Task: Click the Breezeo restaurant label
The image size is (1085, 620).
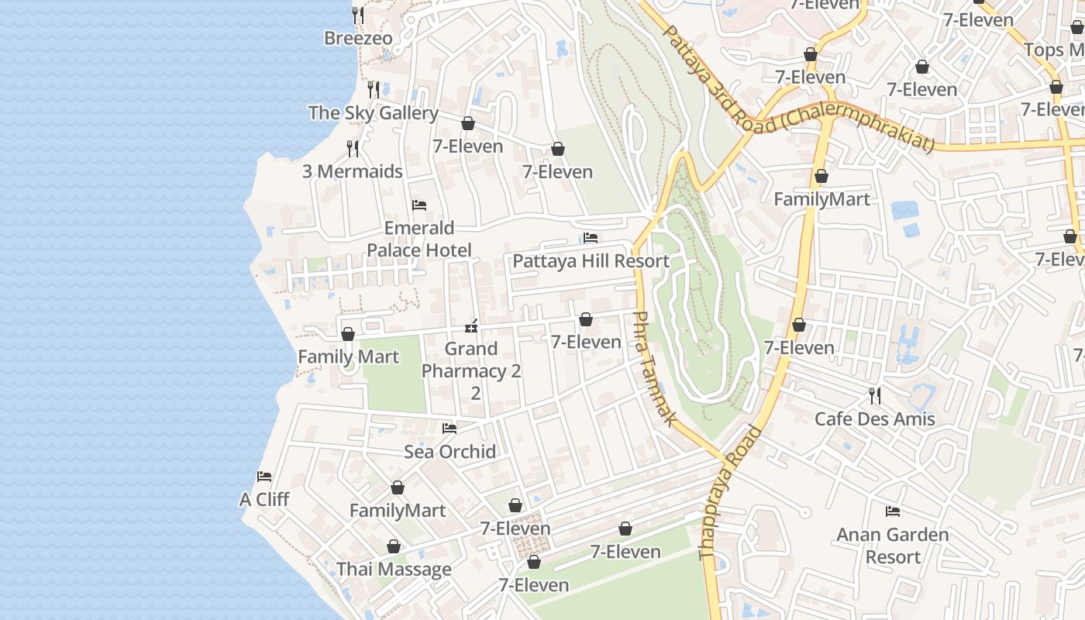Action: [x=358, y=38]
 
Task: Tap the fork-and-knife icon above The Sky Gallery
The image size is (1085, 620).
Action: [x=374, y=89]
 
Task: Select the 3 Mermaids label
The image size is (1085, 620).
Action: [x=353, y=171]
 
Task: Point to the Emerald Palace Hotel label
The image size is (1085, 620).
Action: [x=419, y=239]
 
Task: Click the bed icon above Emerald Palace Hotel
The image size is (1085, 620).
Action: [x=419, y=205]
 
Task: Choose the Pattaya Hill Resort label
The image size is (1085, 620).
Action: [x=591, y=261]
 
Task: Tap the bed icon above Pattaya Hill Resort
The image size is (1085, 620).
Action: [x=591, y=238]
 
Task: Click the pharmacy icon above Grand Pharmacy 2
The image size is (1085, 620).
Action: [x=470, y=326]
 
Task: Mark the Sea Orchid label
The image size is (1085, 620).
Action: [x=449, y=452]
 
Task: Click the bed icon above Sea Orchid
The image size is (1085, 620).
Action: [x=449, y=429]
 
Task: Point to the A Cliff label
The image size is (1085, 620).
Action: [x=264, y=500]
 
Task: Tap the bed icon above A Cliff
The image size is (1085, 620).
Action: [x=264, y=477]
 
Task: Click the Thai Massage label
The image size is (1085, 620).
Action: [x=394, y=570]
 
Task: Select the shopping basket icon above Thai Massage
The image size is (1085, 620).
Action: [x=394, y=547]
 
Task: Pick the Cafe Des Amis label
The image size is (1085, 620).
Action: [x=874, y=419]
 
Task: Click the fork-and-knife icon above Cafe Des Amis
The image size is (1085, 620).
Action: [x=874, y=396]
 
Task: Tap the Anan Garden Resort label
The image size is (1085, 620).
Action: [x=893, y=546]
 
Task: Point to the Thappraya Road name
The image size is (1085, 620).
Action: [x=729, y=494]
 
